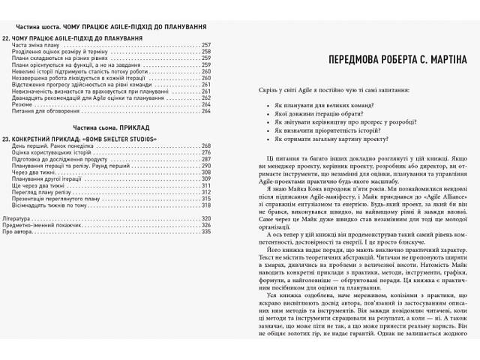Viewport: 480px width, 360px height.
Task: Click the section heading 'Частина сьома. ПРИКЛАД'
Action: (x=109, y=129)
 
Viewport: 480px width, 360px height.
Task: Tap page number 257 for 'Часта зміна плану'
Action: (x=206, y=45)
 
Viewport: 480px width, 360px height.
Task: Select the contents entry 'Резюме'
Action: (x=24, y=105)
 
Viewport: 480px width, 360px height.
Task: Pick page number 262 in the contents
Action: (x=206, y=98)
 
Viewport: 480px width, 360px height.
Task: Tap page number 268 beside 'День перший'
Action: (x=206, y=145)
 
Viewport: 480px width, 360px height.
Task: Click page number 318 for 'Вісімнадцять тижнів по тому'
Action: (x=206, y=205)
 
